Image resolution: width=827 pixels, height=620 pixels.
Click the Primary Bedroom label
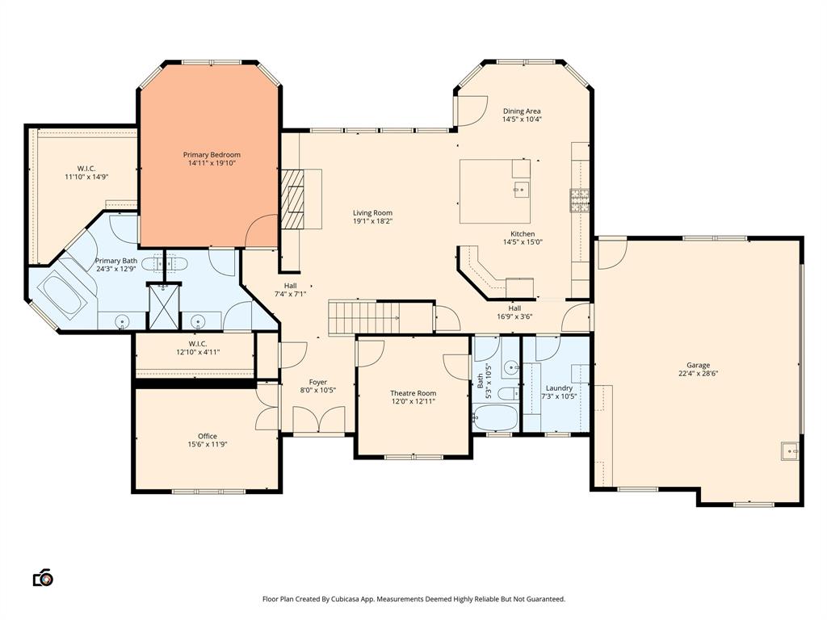[212, 154]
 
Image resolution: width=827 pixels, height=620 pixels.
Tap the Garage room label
[699, 365]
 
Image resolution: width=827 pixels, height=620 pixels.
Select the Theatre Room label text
[413, 393]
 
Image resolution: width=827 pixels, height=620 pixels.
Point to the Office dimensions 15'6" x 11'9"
[208, 444]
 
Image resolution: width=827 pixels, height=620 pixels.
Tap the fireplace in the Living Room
[294, 198]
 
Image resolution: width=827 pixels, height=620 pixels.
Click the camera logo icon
[43, 578]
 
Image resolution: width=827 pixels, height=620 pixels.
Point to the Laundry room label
[559, 387]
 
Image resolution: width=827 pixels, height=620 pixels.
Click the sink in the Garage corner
[789, 450]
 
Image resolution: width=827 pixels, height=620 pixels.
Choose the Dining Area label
[522, 111]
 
